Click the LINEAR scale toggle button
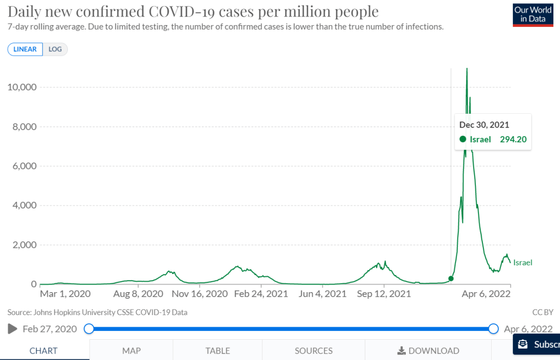point(25,49)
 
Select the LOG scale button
point(55,49)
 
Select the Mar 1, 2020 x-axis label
point(65,294)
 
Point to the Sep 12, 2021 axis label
point(384,294)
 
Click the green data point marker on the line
point(451,278)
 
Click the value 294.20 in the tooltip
point(513,140)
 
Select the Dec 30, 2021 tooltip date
point(484,125)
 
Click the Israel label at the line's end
point(522,263)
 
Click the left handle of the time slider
point(89,329)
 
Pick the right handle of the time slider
point(493,329)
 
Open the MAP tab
point(131,351)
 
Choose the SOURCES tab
point(313,351)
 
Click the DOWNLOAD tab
point(428,351)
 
